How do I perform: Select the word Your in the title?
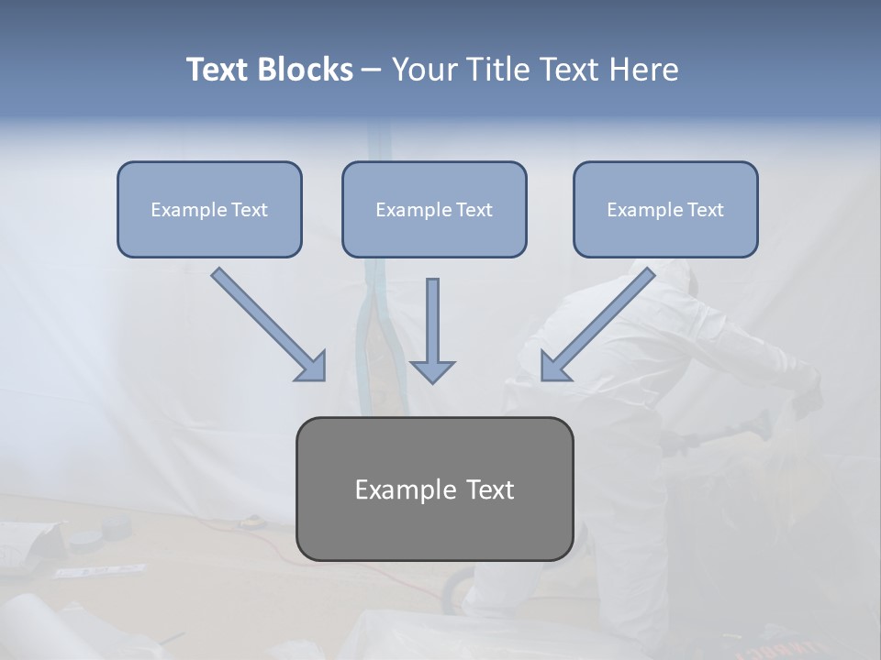pos(423,70)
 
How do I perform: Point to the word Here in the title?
pos(644,70)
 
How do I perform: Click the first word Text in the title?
pos(218,70)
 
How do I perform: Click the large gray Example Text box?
pos(434,532)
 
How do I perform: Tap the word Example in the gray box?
pos(396,489)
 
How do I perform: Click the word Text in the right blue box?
pos(705,210)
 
